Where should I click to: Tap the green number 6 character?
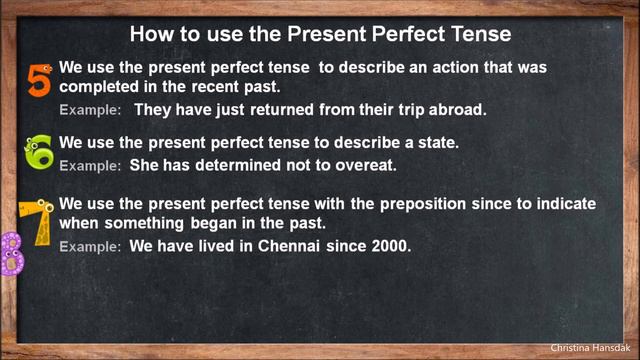(x=39, y=151)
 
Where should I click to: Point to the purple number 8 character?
(x=11, y=254)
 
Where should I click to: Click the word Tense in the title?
(x=479, y=33)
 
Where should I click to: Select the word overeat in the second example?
(x=366, y=164)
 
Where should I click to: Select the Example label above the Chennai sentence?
(x=90, y=245)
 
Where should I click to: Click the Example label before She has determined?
(x=90, y=165)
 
